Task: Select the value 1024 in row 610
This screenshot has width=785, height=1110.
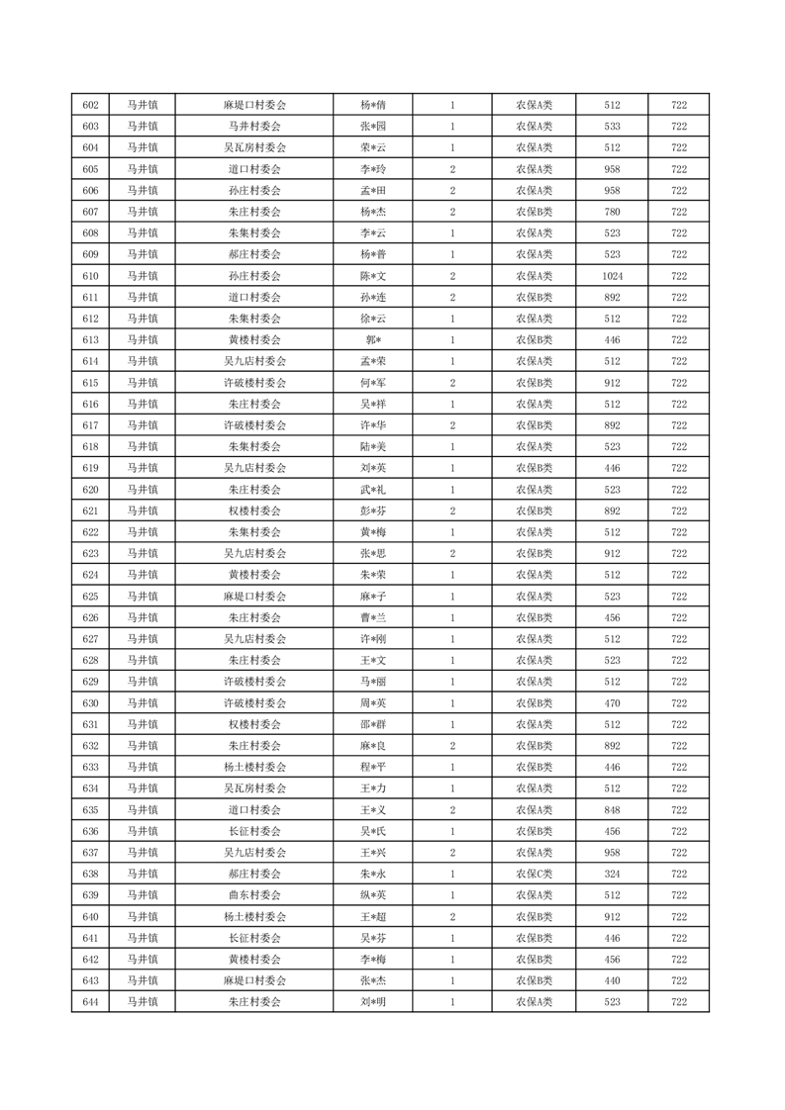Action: (612, 276)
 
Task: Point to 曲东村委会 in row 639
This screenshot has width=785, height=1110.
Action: (254, 895)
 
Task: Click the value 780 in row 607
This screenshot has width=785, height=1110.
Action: (612, 212)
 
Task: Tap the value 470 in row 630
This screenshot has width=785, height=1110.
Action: (612, 703)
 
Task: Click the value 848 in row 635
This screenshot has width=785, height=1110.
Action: (612, 810)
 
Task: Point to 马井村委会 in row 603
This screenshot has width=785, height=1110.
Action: (254, 127)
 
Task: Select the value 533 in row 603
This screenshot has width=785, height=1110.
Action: (612, 127)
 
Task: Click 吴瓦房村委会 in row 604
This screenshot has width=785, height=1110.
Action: (254, 147)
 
